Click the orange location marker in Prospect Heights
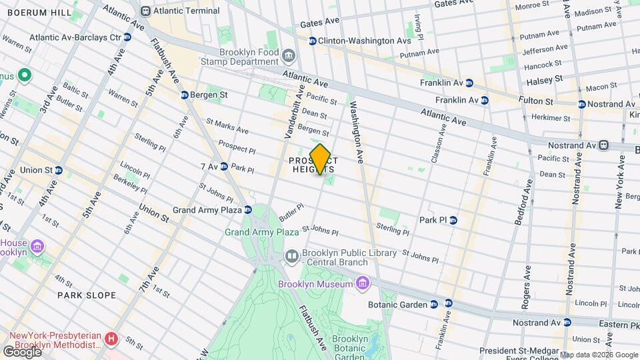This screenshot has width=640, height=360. (320, 159)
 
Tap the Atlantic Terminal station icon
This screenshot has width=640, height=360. (145, 11)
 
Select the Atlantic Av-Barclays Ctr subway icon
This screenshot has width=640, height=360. (127, 37)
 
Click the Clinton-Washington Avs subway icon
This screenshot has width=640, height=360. (311, 41)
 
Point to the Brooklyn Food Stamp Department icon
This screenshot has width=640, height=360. (289, 55)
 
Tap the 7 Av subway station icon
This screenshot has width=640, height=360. (224, 166)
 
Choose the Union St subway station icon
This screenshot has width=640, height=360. (58, 170)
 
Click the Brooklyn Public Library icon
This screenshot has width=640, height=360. (292, 256)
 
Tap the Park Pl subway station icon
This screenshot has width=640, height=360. (453, 220)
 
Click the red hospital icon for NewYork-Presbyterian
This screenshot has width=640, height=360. (112, 339)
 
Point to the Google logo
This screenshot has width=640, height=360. (21, 351)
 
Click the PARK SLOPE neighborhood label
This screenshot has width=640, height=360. (87, 295)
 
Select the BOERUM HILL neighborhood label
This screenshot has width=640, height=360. (27, 13)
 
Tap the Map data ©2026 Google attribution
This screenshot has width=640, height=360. (598, 355)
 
